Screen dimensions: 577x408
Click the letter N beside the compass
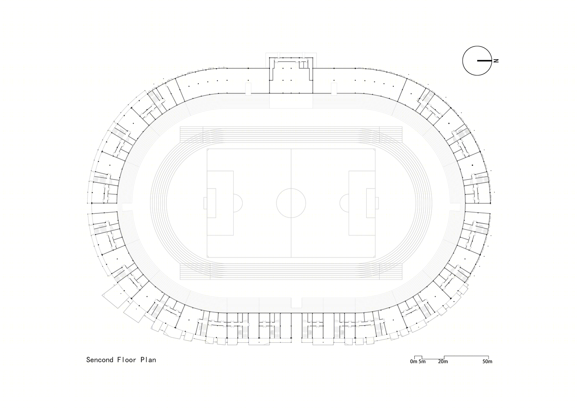tap(496, 61)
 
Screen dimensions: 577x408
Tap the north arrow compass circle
tap(463, 61)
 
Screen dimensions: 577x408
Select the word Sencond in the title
tap(100, 359)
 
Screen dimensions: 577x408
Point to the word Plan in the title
tap(148, 359)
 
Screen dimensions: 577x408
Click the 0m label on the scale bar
tap(413, 361)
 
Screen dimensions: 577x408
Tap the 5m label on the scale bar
tap(422, 361)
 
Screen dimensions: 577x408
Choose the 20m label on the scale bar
tap(443, 361)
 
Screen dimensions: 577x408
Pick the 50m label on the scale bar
tap(487, 361)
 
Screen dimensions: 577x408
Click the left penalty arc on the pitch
tap(242, 203)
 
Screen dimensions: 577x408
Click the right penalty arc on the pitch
tap(340, 203)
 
